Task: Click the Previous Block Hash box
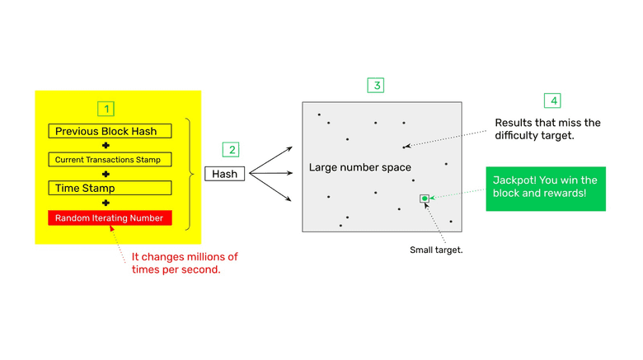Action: [110, 131]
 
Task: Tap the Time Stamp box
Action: [110, 188]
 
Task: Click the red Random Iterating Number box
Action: [110, 217]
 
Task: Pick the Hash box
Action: [224, 174]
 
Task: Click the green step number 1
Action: [106, 109]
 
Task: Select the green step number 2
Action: [232, 150]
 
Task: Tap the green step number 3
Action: [376, 86]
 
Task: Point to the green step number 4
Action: [552, 101]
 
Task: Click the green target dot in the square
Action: [425, 199]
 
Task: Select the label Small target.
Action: [436, 250]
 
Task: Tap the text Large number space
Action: [359, 168]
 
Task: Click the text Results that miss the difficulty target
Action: [547, 129]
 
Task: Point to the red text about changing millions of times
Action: [184, 263]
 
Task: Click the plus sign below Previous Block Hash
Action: [106, 146]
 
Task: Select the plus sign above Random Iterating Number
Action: [106, 203]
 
